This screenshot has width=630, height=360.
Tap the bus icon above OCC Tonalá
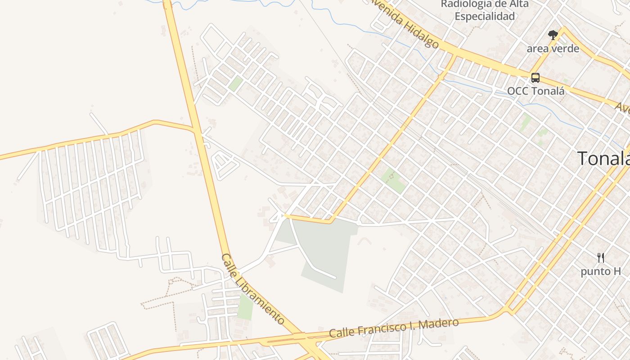click(x=535, y=77)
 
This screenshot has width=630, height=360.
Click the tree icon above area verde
click(x=553, y=35)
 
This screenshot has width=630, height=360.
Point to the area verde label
click(x=553, y=49)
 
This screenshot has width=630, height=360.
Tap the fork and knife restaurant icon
click(x=600, y=258)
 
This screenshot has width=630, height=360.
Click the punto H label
click(x=600, y=271)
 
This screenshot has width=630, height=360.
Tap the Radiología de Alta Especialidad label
click(x=484, y=10)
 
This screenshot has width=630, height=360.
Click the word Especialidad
click(x=484, y=17)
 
